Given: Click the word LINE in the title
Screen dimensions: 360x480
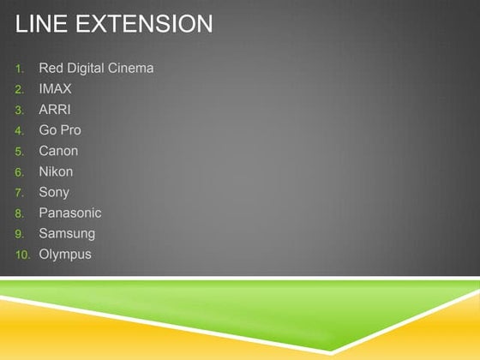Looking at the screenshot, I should (41, 25).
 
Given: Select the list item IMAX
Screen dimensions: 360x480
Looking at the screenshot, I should (55, 89).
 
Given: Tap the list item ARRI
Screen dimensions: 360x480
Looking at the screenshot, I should (55, 110).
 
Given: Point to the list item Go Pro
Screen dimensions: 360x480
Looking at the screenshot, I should (60, 130).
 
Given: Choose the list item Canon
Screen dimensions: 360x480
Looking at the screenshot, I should (58, 151).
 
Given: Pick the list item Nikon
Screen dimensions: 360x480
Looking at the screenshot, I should (56, 171).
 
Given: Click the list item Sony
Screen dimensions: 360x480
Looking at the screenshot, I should (54, 192).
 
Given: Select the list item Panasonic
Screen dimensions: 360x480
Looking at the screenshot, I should (70, 213).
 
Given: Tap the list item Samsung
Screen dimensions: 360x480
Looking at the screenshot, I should (67, 233).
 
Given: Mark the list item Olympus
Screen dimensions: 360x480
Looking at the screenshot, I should (65, 254).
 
